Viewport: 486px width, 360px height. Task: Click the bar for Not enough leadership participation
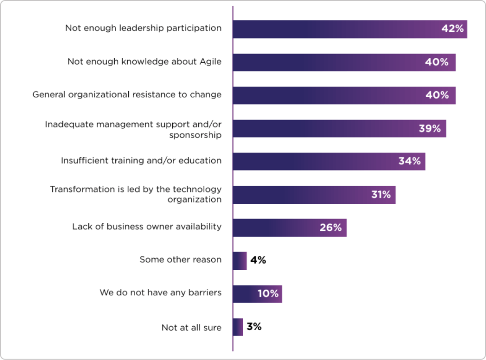(x=332, y=29)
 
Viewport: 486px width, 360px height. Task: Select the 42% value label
(x=452, y=29)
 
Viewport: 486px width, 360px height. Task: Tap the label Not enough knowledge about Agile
(x=144, y=61)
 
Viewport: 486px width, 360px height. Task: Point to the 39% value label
(x=430, y=128)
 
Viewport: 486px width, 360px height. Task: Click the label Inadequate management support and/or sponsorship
(x=133, y=129)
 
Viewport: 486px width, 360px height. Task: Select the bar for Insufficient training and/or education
(x=313, y=161)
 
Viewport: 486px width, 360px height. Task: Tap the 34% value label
(x=409, y=161)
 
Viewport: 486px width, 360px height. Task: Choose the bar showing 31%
(x=304, y=195)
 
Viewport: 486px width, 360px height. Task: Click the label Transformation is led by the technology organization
(x=136, y=194)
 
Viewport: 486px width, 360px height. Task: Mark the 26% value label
(x=330, y=227)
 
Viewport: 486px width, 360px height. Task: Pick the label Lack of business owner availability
(x=147, y=227)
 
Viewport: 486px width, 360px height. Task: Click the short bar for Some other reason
(x=240, y=261)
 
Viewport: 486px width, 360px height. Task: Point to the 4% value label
(x=258, y=260)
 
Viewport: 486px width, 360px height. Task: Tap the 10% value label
(x=268, y=294)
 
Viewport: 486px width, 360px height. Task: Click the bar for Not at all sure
(x=238, y=327)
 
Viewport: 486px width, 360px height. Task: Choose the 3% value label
(x=254, y=327)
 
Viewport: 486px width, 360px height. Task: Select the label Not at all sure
(x=191, y=327)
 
